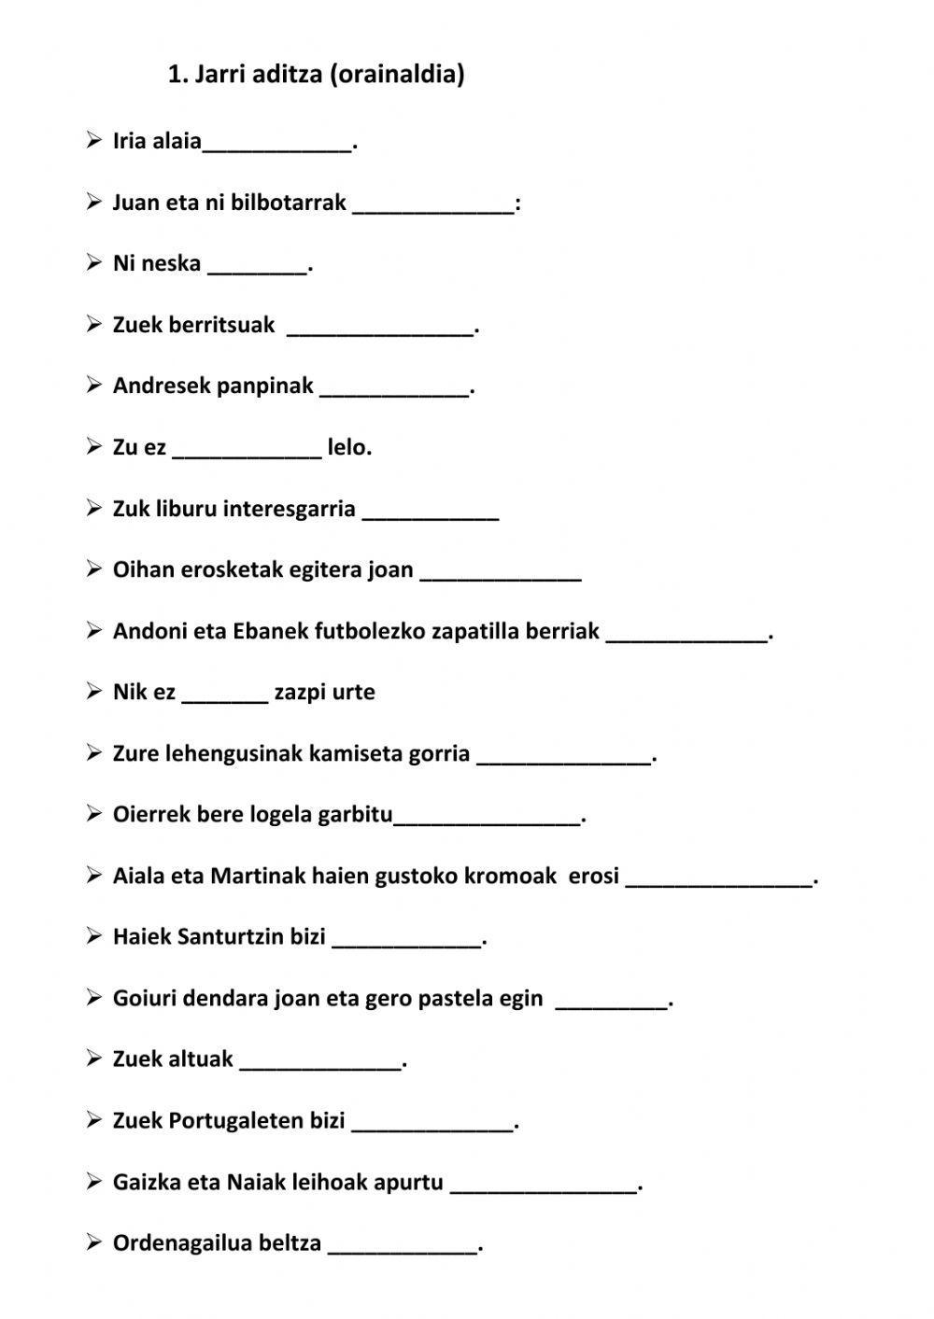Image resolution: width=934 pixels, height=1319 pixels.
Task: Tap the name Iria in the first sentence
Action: [129, 141]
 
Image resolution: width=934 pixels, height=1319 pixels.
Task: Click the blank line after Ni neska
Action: [257, 265]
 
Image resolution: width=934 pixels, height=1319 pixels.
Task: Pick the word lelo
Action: [348, 447]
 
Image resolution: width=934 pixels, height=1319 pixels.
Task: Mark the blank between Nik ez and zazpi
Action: [224, 694]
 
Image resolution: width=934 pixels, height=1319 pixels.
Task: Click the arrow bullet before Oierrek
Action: [93, 814]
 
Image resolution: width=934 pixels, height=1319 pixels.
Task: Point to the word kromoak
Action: [510, 877]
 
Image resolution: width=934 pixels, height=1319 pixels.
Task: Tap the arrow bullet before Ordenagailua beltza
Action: [93, 1242]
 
